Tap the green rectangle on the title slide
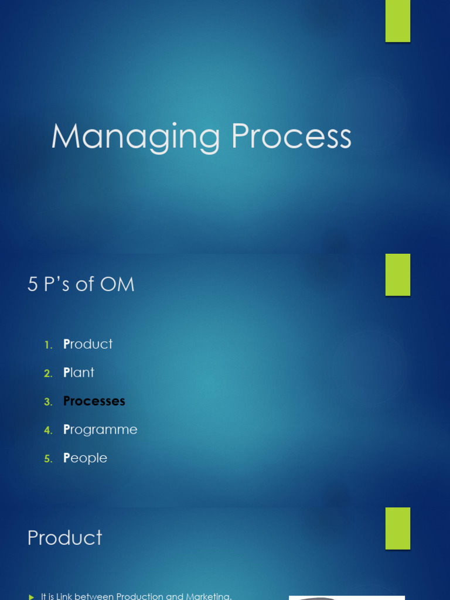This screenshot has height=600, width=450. click(398, 21)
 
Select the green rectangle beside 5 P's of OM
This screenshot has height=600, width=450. click(398, 275)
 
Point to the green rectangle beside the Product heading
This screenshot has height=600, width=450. click(398, 528)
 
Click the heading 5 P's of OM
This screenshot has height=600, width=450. click(81, 285)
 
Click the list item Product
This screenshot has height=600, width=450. click(88, 344)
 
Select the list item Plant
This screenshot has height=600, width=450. click(79, 373)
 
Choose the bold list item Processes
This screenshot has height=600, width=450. click(94, 401)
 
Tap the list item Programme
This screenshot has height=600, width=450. click(100, 429)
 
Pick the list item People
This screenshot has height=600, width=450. click(85, 458)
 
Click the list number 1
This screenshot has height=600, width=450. click(47, 345)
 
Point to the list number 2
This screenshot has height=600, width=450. click(47, 373)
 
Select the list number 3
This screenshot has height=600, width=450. click(47, 402)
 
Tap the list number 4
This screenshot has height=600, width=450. click(47, 430)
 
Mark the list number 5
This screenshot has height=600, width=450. click(47, 459)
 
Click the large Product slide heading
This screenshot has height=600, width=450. click(65, 538)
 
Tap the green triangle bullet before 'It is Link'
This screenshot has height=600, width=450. click(32, 596)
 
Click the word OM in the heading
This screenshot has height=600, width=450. click(117, 285)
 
